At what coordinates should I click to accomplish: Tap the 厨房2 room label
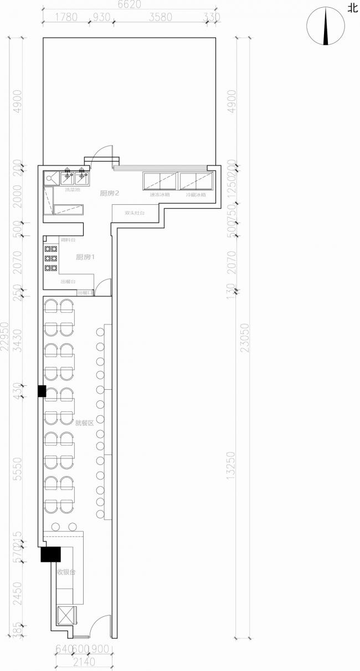(x=110, y=193)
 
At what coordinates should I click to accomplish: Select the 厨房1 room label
(x=86, y=257)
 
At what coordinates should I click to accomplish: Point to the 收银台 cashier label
(x=66, y=571)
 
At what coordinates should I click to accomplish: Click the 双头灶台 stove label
(x=135, y=212)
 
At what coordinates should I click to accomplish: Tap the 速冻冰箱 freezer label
(x=160, y=195)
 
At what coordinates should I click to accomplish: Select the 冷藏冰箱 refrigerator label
(x=196, y=195)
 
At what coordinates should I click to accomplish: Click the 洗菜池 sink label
(x=73, y=190)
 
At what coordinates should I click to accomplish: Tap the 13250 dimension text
(x=232, y=468)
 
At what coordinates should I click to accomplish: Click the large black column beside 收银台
(x=50, y=554)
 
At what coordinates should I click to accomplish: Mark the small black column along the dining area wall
(x=42, y=391)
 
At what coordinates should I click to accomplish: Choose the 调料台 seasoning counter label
(x=68, y=239)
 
